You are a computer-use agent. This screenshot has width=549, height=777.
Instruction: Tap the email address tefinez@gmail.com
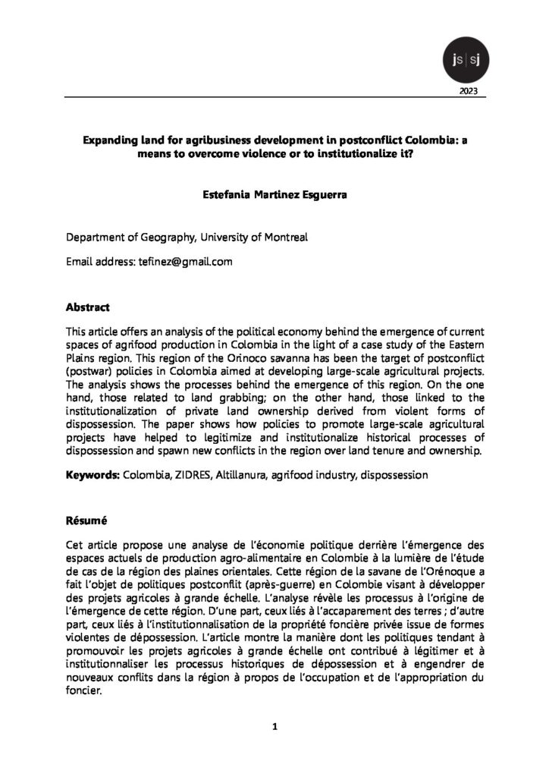pyautogui.click(x=184, y=262)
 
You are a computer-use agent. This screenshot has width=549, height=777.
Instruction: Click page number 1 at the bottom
pyautogui.click(x=274, y=727)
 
